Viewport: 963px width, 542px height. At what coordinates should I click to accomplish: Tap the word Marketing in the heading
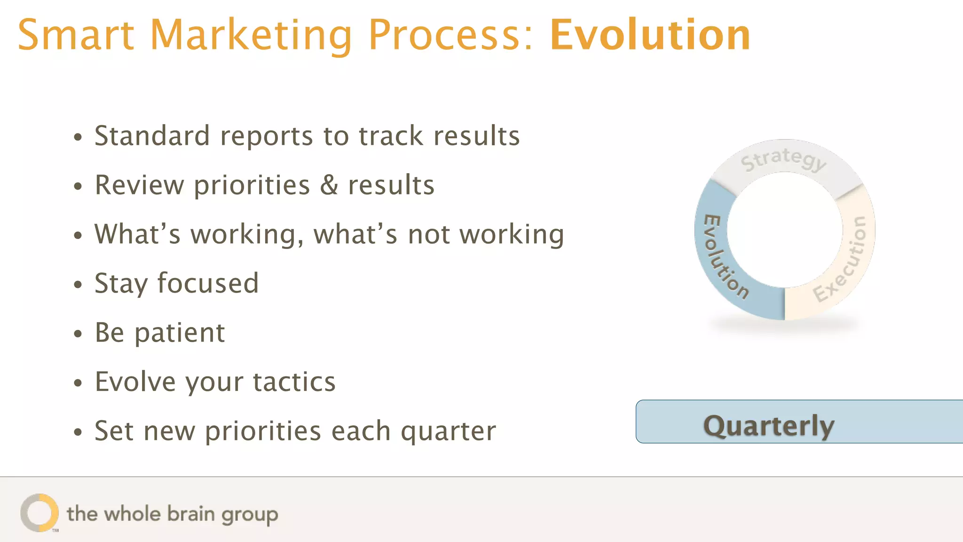pos(251,36)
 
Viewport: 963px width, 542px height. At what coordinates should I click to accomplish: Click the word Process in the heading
pos(450,36)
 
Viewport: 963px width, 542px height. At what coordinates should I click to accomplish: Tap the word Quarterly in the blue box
pos(768,426)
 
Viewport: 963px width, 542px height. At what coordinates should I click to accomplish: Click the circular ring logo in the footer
pos(39,513)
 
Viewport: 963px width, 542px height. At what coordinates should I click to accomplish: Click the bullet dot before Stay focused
pos(78,285)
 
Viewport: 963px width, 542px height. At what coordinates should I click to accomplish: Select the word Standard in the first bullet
pos(152,136)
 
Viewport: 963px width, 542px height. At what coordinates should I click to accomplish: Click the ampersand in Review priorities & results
pos(329,185)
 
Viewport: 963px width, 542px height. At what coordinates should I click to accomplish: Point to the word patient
pos(180,333)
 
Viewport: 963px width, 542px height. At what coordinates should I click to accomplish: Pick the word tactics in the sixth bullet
pos(294,382)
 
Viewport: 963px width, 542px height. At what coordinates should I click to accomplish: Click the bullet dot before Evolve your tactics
pos(78,383)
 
